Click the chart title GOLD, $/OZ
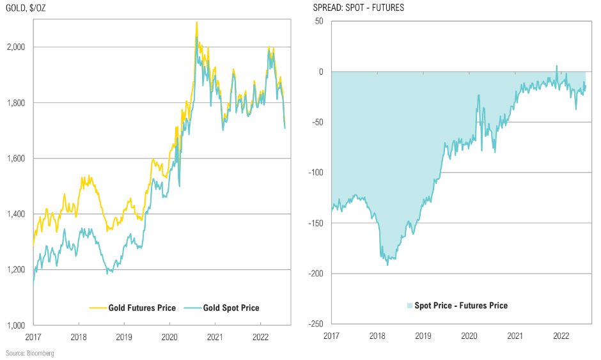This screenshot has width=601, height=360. tap(26, 8)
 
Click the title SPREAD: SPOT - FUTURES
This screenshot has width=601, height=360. tap(359, 8)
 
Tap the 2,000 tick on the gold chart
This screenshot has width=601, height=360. tap(16, 47)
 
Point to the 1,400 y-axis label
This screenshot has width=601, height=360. tap(16, 214)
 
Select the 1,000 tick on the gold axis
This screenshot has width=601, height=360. tap(16, 325)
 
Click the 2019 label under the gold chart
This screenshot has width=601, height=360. tap(124, 337)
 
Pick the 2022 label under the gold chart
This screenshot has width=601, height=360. tap(260, 337)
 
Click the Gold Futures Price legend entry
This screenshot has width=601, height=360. tap(132, 308)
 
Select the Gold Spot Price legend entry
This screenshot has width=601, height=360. tap(222, 308)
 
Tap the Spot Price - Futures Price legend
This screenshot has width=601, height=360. tap(457, 306)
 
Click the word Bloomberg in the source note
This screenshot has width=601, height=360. tap(40, 353)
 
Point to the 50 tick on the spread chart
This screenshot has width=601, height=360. tap(319, 21)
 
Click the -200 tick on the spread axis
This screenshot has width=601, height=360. tap(316, 273)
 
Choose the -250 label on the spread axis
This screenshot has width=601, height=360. tap(316, 324)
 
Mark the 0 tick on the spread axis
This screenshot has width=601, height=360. tap(321, 72)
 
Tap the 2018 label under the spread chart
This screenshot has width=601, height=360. tap(377, 336)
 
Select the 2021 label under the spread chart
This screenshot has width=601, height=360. tap(515, 336)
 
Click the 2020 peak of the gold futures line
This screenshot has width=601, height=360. tap(197, 22)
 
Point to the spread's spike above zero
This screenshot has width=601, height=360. tap(557, 66)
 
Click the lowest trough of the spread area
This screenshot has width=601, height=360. tap(387, 265)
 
